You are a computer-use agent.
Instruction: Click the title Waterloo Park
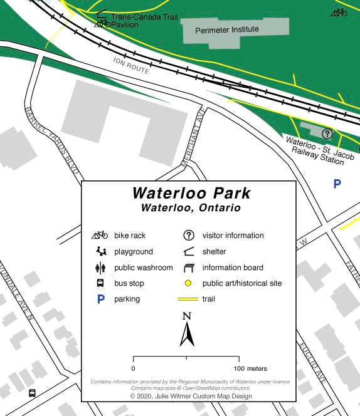(x=191, y=193)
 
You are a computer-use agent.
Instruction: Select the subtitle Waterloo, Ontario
(x=191, y=207)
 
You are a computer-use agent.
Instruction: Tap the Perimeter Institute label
(x=226, y=29)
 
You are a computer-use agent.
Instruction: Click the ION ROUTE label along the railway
(x=132, y=65)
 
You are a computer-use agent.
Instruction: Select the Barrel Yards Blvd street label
(x=52, y=140)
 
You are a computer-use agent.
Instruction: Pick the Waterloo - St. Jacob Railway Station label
(x=315, y=150)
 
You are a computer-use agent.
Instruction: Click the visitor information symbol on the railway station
(x=327, y=133)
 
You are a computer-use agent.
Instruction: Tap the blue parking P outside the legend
(x=337, y=184)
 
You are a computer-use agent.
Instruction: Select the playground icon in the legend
(x=100, y=252)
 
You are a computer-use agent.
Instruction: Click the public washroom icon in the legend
(x=100, y=268)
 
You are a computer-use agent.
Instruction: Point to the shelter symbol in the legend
(x=188, y=252)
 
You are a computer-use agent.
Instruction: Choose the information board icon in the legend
(x=188, y=268)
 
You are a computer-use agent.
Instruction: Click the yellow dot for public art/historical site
(x=188, y=283)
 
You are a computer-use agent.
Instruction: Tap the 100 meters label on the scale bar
(x=251, y=368)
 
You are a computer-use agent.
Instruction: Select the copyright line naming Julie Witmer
(x=191, y=396)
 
